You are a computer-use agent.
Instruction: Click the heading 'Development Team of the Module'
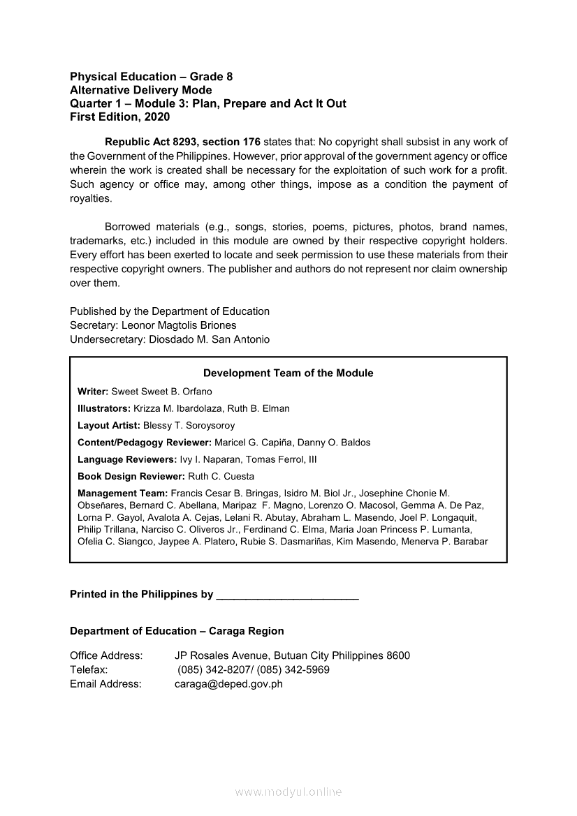[x=288, y=373]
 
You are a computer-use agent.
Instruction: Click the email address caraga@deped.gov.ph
[x=228, y=684]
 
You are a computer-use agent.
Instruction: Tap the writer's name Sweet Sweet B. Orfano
[x=161, y=392]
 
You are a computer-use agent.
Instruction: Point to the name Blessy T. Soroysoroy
[x=189, y=425]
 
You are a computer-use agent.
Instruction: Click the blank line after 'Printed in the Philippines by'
[x=288, y=595]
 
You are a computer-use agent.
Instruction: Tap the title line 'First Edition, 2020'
[x=119, y=117]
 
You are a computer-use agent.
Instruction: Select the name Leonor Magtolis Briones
[x=179, y=325]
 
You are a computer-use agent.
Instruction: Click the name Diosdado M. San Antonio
[x=210, y=339]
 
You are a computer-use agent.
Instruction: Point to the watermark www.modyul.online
[x=288, y=792]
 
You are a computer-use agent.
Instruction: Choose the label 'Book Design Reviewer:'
[x=131, y=476]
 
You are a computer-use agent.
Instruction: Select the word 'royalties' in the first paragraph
[x=91, y=198]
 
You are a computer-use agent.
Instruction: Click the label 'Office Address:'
[x=106, y=655]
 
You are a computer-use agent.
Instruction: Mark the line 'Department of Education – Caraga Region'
[x=177, y=631]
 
